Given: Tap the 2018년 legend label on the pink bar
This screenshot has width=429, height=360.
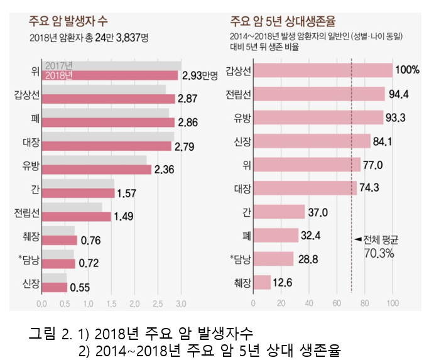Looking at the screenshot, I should tap(60, 75).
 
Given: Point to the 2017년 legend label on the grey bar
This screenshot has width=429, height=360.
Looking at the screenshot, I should tap(60, 66).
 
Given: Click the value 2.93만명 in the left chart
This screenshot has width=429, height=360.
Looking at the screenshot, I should tap(199, 76).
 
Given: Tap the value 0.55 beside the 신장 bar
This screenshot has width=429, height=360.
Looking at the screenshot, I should tap(80, 288).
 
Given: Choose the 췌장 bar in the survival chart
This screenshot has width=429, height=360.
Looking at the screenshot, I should tap(262, 282).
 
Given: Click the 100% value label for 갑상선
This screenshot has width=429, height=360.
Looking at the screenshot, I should tap(407, 70).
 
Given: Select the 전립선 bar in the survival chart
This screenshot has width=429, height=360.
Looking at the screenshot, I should tap(320, 94).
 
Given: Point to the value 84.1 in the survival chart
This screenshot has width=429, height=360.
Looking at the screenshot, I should tap(381, 141).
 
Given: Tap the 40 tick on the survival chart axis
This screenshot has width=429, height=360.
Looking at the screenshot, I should tap(309, 304).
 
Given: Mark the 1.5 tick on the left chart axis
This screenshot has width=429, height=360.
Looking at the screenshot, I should tap(111, 304).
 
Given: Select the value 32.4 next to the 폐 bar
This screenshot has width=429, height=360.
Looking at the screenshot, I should tap(312, 236).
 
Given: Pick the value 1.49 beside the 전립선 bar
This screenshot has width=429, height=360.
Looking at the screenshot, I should tap(124, 217).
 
